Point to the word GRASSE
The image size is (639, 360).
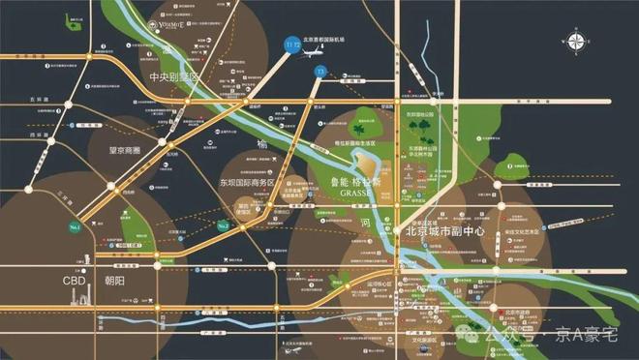point(358,192)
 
